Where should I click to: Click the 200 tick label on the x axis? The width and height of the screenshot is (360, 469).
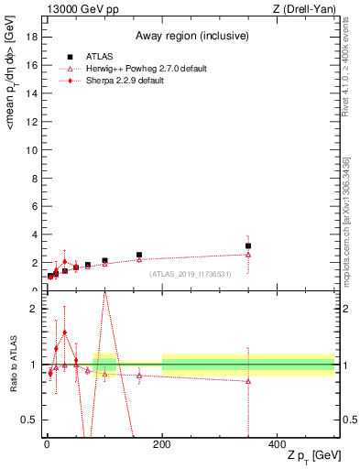162,442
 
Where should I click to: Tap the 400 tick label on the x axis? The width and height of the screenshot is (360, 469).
278,442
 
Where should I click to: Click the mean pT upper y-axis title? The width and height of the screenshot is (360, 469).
11,87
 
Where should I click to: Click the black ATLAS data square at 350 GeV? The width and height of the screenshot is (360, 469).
248,245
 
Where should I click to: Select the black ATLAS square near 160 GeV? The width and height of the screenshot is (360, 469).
139,255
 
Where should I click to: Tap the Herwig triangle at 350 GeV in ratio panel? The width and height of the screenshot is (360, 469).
248,381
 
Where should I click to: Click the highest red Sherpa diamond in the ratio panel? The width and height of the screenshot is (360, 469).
64,333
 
